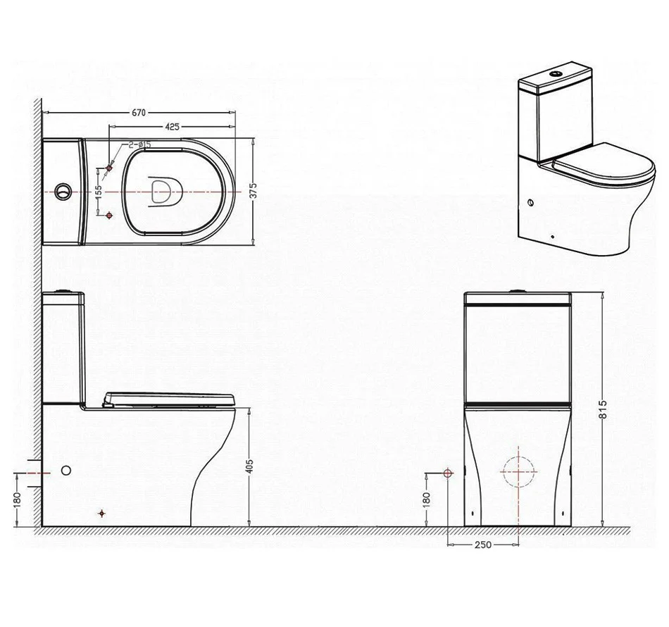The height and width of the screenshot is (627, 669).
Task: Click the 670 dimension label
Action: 139,113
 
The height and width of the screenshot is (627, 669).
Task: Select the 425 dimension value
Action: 172,127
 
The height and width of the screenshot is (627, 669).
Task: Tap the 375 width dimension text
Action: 254,191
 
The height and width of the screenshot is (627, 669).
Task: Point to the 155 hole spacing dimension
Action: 99,192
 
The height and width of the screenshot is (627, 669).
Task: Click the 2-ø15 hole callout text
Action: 139,144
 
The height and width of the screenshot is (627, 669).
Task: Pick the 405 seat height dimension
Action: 250,466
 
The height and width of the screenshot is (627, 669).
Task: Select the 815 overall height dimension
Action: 602,409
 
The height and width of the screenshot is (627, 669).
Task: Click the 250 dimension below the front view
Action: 483,545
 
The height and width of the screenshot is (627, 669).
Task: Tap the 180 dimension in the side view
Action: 17,501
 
